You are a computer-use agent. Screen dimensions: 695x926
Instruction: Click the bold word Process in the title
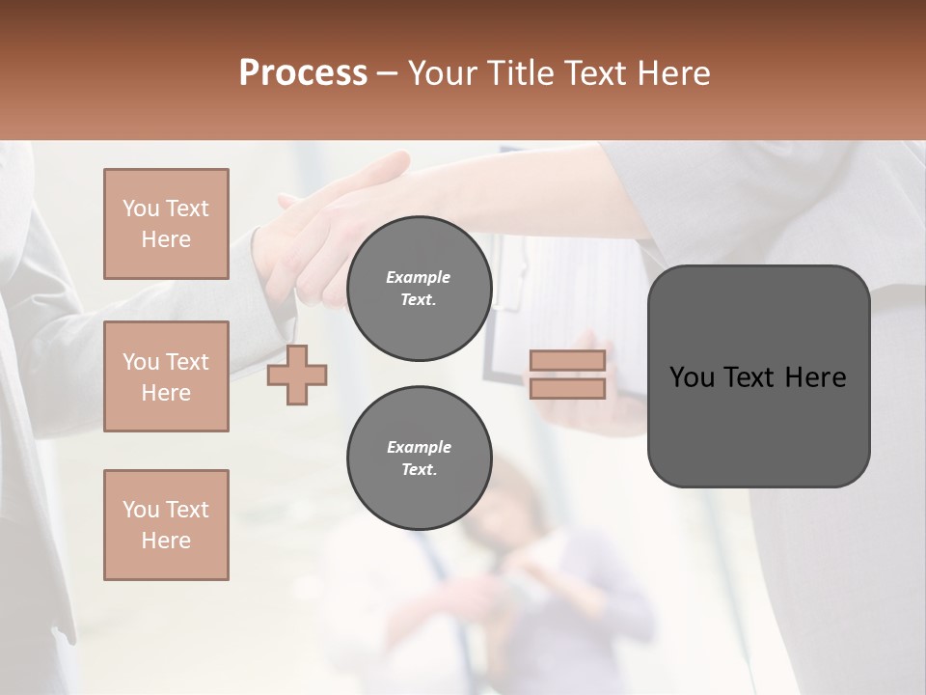pyautogui.click(x=303, y=73)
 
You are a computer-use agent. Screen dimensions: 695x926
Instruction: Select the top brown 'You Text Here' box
pyautogui.click(x=166, y=224)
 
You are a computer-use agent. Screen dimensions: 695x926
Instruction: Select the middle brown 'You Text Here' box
pyautogui.click(x=166, y=376)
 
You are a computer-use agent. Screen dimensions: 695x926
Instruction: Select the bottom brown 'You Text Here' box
pyautogui.click(x=166, y=525)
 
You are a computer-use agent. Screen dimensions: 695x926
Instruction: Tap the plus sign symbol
pyautogui.click(x=297, y=376)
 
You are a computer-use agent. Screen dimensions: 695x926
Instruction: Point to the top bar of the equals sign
pyautogui.click(x=567, y=361)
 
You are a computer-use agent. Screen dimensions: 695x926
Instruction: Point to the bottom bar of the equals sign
pyautogui.click(x=567, y=389)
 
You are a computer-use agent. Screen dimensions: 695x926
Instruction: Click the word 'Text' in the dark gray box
pyautogui.click(x=759, y=377)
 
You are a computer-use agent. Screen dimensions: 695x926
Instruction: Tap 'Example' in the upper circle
pyautogui.click(x=419, y=277)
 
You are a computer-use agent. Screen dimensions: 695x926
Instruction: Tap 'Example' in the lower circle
pyautogui.click(x=419, y=447)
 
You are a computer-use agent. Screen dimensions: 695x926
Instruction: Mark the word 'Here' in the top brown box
pyautogui.click(x=166, y=239)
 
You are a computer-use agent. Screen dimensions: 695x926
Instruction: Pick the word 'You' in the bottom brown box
pyautogui.click(x=141, y=510)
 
